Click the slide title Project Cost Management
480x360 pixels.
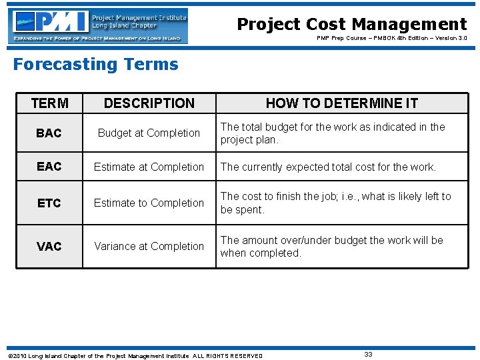[x=352, y=25]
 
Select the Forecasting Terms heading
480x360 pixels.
[x=96, y=65]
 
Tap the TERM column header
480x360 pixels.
[x=49, y=103]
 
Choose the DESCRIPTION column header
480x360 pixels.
[x=149, y=103]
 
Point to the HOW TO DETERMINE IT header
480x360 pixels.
[x=341, y=103]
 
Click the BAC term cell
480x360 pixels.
[x=49, y=133]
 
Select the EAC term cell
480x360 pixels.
[x=49, y=167]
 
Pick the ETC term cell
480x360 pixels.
[x=49, y=203]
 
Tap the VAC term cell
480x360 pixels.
[x=49, y=247]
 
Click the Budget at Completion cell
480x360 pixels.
[x=149, y=133]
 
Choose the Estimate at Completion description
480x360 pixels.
[x=149, y=167]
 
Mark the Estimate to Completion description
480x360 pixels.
[x=149, y=203]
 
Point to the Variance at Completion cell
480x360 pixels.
[x=149, y=247]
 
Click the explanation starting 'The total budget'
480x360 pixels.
[x=333, y=133]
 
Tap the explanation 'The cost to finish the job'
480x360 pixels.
[x=335, y=203]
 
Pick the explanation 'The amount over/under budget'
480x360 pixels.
[x=331, y=247]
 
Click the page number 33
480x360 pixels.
[x=368, y=355]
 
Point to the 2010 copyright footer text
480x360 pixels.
[x=134, y=356]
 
